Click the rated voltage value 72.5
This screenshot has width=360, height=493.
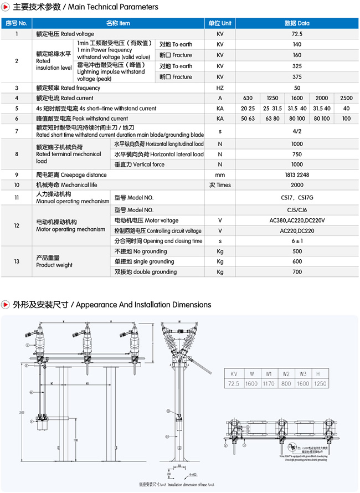(x=297, y=34)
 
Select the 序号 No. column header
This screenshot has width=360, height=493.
(x=17, y=23)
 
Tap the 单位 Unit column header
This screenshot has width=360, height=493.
(x=220, y=23)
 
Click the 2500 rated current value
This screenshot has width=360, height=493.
(x=346, y=97)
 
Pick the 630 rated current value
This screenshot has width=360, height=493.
(x=248, y=97)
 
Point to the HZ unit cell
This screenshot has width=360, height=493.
(x=220, y=88)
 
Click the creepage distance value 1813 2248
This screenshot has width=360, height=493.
(x=297, y=174)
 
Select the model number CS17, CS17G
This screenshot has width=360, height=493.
(x=297, y=197)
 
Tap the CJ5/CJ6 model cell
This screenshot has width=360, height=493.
(x=297, y=210)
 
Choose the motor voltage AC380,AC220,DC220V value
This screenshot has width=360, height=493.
(x=297, y=220)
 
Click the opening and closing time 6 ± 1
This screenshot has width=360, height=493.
(x=297, y=241)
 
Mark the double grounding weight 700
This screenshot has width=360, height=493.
(x=297, y=271)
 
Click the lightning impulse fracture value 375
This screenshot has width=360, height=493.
(x=297, y=77)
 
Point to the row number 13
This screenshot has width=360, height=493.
(x=17, y=261)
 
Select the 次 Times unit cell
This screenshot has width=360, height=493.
(x=220, y=184)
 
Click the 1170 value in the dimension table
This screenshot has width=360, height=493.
(x=269, y=383)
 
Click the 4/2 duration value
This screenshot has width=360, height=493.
(x=297, y=131)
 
